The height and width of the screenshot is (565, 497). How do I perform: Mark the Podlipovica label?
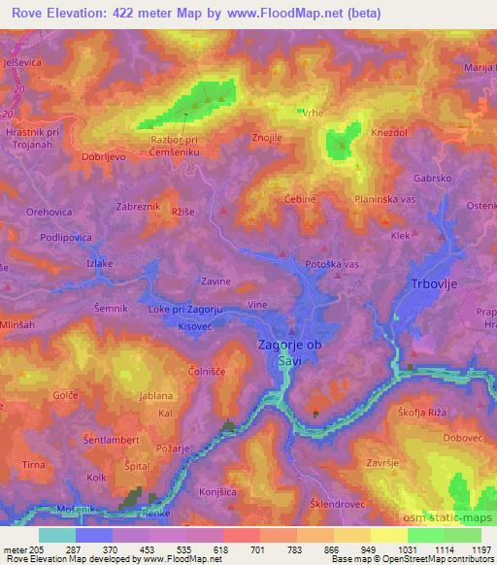pos(66,237)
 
